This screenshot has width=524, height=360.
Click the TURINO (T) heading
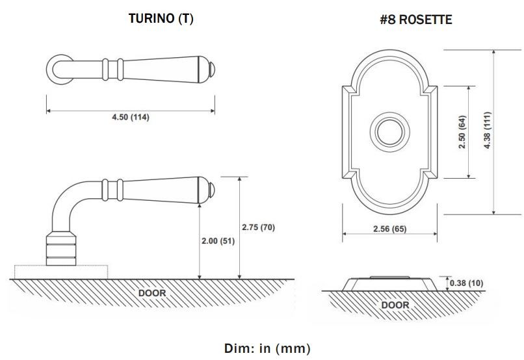pos(161,19)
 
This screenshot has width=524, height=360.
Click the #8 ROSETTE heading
pos(415,20)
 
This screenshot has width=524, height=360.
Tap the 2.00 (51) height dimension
pos(218,240)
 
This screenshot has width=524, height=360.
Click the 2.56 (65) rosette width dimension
pos(389,229)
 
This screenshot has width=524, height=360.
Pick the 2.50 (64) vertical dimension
pos(462,133)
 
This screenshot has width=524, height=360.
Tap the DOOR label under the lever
pos(152,293)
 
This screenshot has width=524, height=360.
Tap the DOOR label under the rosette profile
pos(395,305)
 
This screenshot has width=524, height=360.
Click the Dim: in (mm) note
pos(268,348)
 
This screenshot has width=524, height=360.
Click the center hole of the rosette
pos(389,133)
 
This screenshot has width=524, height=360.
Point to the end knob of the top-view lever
pos(212,68)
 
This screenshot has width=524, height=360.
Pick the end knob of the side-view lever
pos(212,190)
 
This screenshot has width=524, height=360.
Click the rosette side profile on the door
pos(389,283)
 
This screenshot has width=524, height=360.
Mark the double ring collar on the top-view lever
pos(112,68)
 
